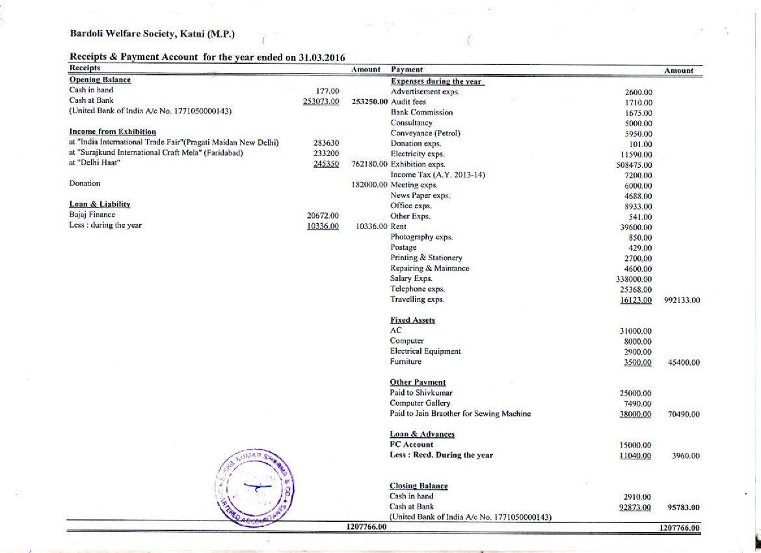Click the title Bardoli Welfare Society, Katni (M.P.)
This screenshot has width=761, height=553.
[152, 33]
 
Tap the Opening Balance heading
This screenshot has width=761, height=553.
[100, 80]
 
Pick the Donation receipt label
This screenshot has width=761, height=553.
[85, 183]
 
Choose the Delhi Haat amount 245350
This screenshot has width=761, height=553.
[326, 163]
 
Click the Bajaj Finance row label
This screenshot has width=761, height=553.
[92, 214]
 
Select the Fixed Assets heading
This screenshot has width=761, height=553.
[412, 320]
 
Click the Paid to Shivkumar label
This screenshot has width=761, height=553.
[421, 393]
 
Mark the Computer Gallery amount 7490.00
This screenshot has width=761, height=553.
[638, 403]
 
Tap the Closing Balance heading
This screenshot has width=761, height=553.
[418, 486]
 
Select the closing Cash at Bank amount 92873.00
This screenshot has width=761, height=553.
[637, 507]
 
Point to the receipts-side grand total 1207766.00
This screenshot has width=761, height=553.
[367, 527]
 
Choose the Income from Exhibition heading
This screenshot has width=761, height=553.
[113, 131]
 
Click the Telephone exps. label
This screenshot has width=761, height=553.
[418, 289]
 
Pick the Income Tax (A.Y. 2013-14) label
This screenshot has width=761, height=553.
[438, 175]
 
